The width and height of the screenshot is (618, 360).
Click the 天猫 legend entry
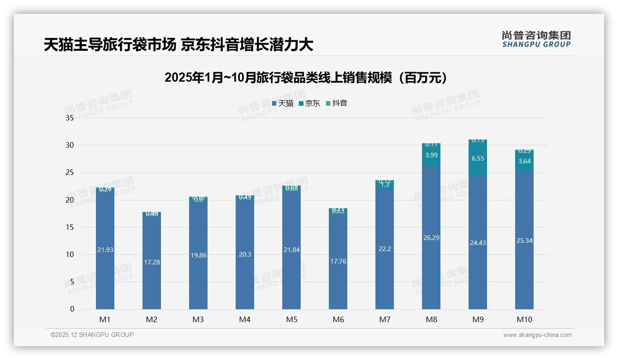[283, 103]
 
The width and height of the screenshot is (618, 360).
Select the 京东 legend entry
[309, 103]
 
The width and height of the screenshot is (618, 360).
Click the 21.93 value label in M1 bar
[105, 250]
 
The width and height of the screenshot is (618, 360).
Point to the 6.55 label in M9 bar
[478, 158]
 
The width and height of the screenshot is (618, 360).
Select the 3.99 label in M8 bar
[431, 155]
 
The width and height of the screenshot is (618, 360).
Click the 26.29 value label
[431, 238]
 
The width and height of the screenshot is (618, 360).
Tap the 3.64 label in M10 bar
[524, 161]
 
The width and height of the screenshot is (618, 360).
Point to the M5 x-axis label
[291, 319]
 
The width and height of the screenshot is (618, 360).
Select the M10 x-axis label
[524, 319]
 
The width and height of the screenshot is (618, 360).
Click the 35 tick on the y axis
[70, 118]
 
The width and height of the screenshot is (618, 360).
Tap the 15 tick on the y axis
[70, 227]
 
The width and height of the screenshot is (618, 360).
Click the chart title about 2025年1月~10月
[306, 78]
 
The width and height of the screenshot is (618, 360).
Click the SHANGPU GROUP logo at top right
[536, 39]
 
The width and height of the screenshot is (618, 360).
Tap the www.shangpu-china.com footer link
[537, 335]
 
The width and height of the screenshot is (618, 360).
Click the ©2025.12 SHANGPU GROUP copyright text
[92, 335]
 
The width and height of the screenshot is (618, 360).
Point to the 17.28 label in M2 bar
[152, 262]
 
